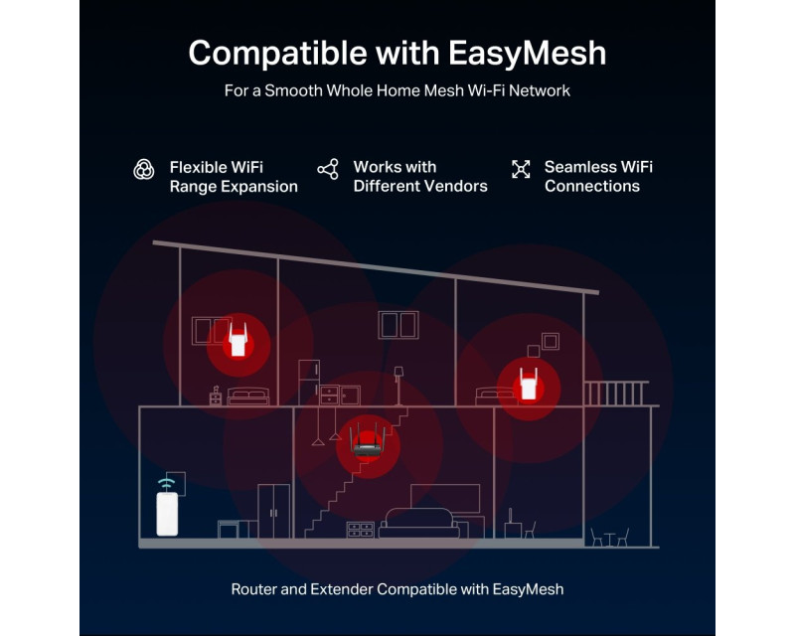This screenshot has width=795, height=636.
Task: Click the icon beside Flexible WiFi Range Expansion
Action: pos(144,169)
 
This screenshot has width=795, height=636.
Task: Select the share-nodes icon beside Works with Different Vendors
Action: pos(328,169)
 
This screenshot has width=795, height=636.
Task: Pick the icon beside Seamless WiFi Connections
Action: pos(521,169)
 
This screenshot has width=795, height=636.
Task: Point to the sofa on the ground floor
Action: pos(418,523)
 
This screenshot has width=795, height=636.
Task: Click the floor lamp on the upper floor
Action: pos(398,383)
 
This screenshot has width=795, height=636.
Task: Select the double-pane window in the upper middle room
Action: pos(397,324)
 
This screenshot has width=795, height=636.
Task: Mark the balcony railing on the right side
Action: pos(616,393)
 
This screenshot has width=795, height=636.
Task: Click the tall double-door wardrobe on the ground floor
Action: pos(274,511)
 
